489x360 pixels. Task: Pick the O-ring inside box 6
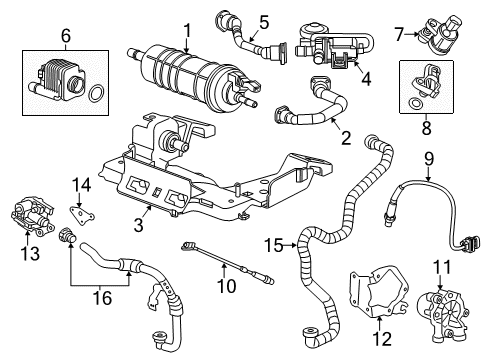(96, 96)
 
